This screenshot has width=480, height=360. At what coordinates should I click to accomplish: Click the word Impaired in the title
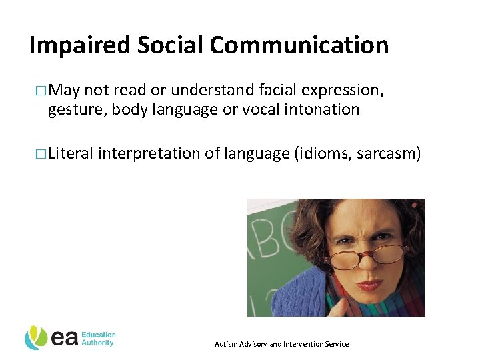click(81, 45)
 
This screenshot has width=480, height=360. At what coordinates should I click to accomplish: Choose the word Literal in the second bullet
click(71, 154)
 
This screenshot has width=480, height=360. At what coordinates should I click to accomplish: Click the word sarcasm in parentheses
click(389, 154)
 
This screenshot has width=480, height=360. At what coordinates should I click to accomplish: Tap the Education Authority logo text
click(98, 339)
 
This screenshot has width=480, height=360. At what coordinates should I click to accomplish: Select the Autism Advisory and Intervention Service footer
click(281, 344)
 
